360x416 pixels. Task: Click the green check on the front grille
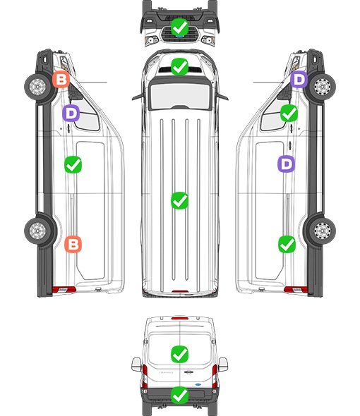[x=179, y=27]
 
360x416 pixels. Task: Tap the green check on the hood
[x=179, y=66]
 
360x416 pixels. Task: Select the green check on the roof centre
[x=179, y=200]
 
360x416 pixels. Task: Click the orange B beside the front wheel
[x=61, y=80]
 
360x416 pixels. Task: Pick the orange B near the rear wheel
[x=73, y=244]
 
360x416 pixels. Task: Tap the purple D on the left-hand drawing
[x=71, y=114]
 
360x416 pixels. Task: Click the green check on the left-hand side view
[x=73, y=165]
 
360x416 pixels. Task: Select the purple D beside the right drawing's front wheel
[x=299, y=79]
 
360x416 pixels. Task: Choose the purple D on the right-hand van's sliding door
[x=287, y=164]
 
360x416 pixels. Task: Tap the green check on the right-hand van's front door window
[x=289, y=114]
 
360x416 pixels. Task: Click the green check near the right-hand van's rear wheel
[x=287, y=244]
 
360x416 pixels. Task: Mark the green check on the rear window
[x=179, y=354]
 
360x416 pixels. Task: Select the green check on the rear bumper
[x=179, y=396]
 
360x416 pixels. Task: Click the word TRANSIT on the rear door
[x=166, y=372]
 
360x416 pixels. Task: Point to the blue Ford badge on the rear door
[x=198, y=384]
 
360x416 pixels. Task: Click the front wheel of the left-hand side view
[x=37, y=87]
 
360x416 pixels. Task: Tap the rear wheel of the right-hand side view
[x=323, y=231]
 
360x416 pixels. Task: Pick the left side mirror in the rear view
[x=136, y=365]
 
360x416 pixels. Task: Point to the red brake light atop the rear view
[x=180, y=318]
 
